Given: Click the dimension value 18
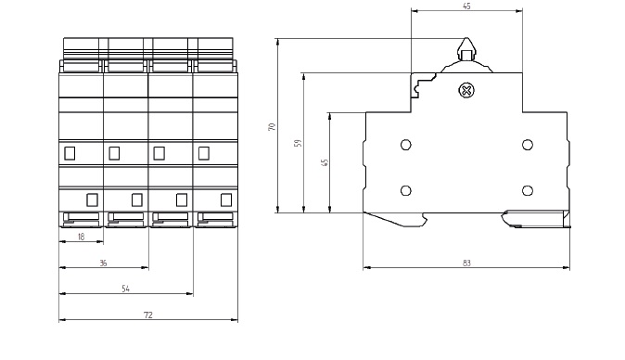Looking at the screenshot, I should tap(81, 238).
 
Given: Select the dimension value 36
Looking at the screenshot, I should tap(103, 264).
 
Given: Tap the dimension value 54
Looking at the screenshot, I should tap(126, 289).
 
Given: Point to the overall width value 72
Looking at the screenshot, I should tap(148, 315).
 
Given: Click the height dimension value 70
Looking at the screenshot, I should tap(272, 126).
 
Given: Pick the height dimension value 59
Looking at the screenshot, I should tap(298, 143).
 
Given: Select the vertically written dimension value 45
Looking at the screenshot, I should tap(324, 162).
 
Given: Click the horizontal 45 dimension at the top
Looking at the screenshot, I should tap(466, 6).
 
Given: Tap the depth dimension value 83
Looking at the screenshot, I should tap(466, 264).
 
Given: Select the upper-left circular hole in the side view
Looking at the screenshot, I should tap(405, 145).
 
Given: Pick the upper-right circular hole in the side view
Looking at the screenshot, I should tap(527, 145).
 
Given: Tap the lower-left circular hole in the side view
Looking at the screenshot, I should tap(405, 190).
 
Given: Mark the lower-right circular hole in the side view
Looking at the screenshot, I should tap(527, 190).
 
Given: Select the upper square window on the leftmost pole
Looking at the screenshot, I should tap(70, 153).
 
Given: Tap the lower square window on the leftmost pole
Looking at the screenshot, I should tap(92, 199).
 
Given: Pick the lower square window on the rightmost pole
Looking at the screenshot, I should tap(225, 199).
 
